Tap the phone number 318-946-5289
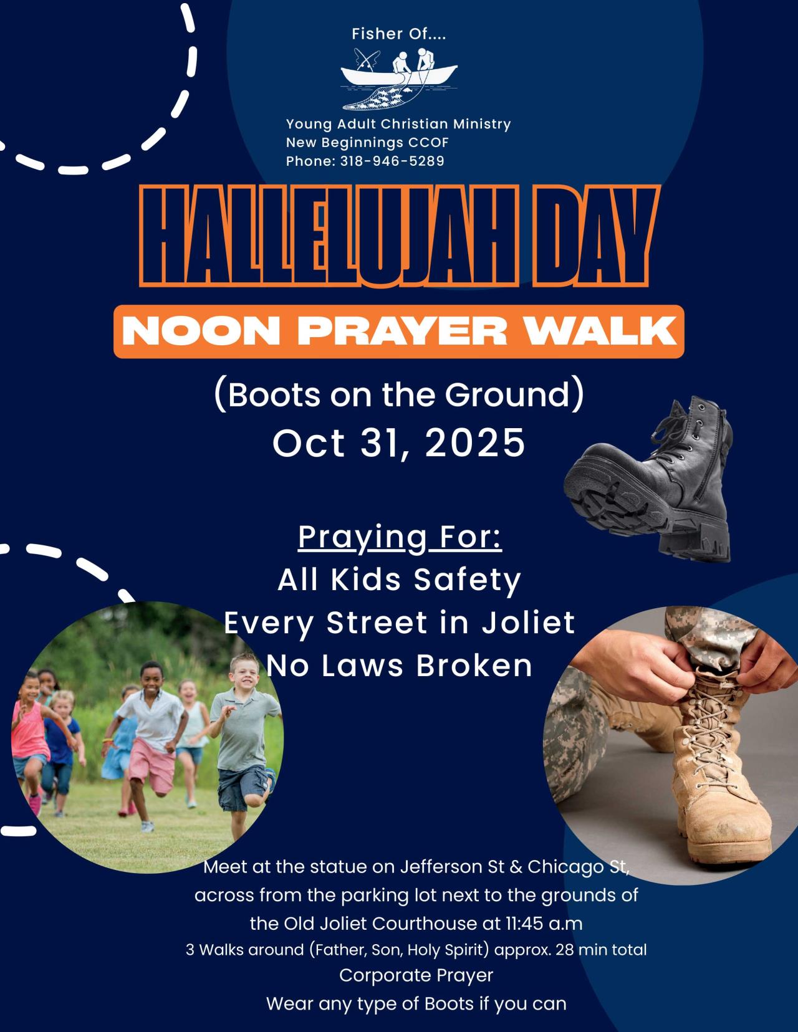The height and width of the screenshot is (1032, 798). click(392, 161)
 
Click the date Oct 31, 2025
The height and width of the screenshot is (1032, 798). click(399, 442)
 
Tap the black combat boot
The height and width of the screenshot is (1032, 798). click(655, 486)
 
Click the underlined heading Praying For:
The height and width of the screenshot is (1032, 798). click(400, 537)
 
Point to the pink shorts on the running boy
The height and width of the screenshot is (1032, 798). click(148, 757)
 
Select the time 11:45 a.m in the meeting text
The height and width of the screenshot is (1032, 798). click(543, 922)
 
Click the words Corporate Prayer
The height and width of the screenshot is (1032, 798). click(416, 975)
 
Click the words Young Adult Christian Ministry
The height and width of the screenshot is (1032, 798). click(398, 124)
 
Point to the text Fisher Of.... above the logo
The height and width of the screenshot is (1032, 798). click(399, 34)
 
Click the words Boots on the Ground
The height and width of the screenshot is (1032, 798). click(399, 395)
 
